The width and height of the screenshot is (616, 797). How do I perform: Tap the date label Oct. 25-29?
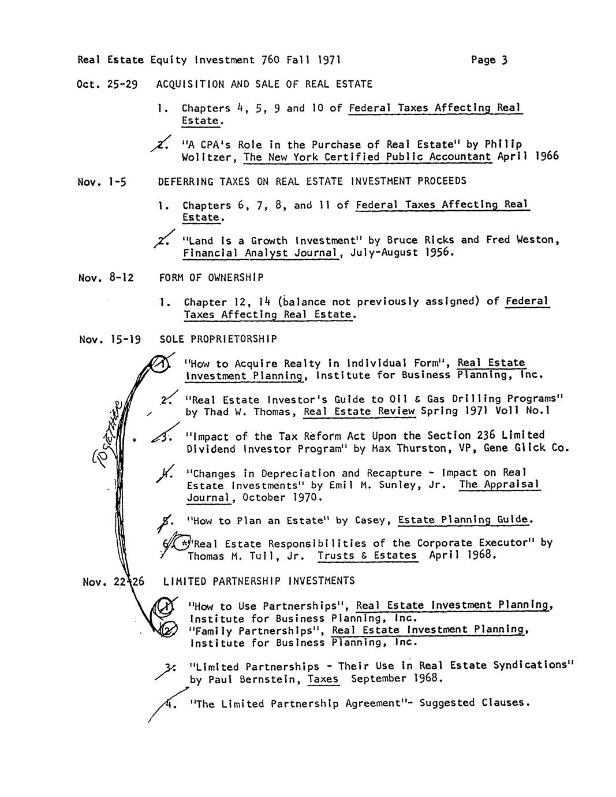click(x=107, y=84)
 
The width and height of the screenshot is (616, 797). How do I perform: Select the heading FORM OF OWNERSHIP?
click(x=211, y=278)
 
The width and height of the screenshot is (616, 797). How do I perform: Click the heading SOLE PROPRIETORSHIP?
click(x=218, y=339)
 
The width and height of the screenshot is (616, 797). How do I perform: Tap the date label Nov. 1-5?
click(x=102, y=182)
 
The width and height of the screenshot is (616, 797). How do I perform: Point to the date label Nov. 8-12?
click(x=106, y=278)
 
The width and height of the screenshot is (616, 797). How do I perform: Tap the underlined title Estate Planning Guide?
click(x=464, y=520)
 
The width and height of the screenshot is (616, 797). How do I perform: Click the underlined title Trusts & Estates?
click(x=367, y=555)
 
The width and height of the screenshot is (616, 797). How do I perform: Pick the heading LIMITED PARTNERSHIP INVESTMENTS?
click(x=259, y=581)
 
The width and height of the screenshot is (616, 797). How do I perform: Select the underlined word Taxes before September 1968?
click(x=323, y=679)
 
